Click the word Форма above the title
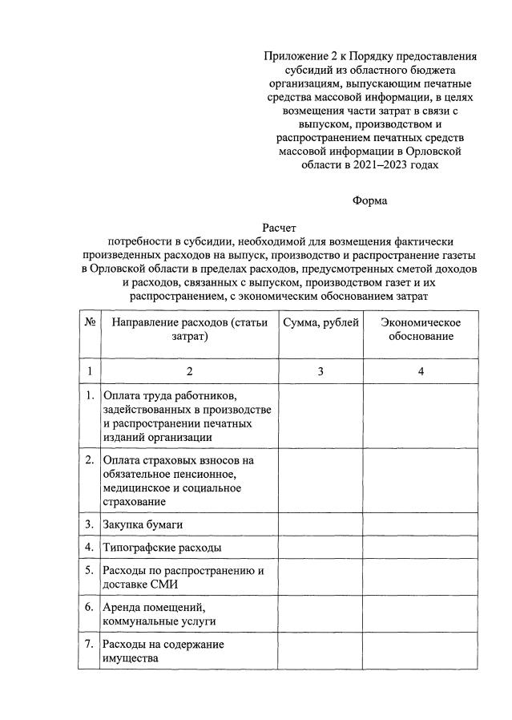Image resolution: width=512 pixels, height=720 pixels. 369,200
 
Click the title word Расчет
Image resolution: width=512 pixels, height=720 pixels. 279,229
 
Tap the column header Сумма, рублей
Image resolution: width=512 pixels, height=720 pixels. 318,322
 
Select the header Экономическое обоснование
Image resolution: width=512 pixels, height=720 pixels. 421,330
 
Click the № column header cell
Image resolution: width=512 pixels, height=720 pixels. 90,322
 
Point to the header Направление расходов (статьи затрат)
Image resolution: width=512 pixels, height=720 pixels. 189,330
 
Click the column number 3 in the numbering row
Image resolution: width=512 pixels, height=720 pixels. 319,371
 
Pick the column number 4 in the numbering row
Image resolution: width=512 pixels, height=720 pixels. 421,371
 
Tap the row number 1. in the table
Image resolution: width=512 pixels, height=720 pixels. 90,396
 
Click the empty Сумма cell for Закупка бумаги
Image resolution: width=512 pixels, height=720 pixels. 319,524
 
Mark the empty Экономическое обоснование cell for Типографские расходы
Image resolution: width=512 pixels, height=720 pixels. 421,548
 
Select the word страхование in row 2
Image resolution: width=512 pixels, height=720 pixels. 135,501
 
